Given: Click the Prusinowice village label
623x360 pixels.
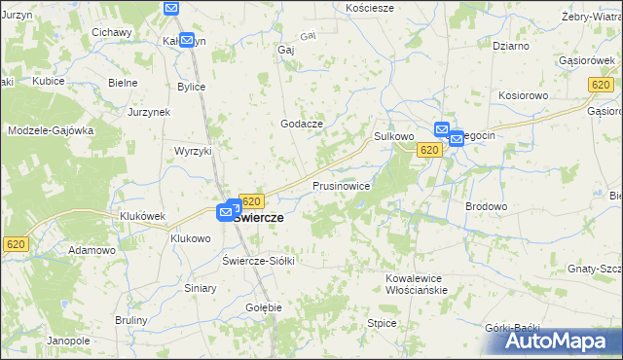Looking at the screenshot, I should click(341, 185).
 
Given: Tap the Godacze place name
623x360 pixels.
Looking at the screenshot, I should click(301, 123).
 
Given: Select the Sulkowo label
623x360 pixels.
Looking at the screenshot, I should click(394, 137).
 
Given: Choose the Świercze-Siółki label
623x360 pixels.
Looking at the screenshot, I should click(258, 261).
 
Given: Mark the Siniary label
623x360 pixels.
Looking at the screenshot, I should click(201, 288).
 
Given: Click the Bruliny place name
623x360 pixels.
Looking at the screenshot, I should click(130, 320).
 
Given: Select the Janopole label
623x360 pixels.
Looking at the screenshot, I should click(68, 341).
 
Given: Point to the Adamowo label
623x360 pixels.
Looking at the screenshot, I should click(92, 250).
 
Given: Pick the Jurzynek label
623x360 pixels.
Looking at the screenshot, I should click(149, 112).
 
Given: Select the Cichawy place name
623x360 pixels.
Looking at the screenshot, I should click(112, 32).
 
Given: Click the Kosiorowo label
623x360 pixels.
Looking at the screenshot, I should click(526, 96).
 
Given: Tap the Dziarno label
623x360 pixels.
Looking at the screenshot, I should click(511, 45).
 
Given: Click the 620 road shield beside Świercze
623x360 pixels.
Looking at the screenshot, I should click(251, 200).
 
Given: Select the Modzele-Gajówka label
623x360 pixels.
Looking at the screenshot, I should click(51, 129).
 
